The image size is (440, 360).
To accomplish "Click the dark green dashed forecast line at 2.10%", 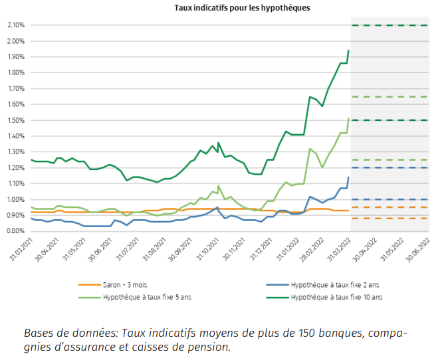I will coord(389,25).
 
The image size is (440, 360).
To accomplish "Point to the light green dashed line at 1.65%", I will coord(389,97).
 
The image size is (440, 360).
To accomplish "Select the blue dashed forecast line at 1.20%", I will coord(389,167).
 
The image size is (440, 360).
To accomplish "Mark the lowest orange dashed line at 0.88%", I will coord(389,218).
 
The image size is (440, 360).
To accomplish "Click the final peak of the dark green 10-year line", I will coord(349,50).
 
